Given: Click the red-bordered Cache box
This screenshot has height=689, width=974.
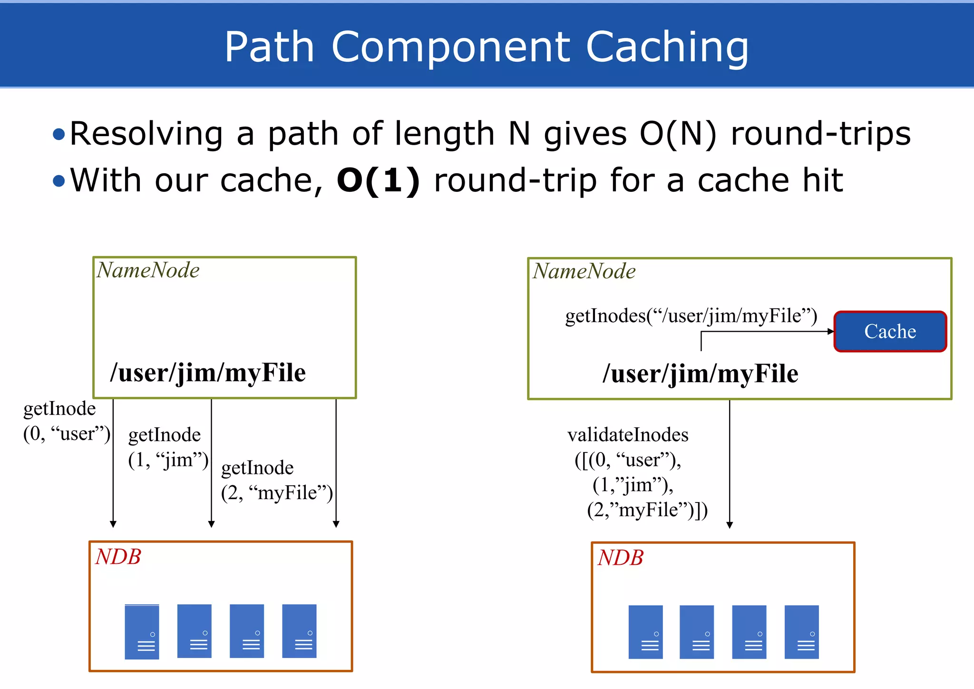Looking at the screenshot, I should [890, 332].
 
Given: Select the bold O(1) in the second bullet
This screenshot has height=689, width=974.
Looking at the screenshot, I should [378, 181].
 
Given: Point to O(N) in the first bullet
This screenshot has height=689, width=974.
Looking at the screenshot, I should [678, 134].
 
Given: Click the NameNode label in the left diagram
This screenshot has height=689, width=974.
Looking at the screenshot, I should [148, 270].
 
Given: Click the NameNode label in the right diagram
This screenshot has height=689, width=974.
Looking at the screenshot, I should [584, 271].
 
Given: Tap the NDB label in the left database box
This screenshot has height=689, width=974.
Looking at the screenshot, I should [118, 557].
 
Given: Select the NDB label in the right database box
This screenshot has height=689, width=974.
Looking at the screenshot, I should [621, 558].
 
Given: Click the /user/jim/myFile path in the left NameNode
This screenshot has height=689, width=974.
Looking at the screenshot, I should [208, 373].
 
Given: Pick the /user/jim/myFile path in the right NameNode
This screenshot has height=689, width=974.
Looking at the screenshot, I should [700, 374].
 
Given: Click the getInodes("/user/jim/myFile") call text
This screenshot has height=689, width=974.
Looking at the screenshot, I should [691, 316].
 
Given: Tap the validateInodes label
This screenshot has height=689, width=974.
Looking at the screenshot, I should [628, 435].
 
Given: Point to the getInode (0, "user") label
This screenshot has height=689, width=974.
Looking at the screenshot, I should [66, 421].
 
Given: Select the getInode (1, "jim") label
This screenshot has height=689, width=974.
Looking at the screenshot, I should [168, 447].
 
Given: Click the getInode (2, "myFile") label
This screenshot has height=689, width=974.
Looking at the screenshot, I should [277, 481].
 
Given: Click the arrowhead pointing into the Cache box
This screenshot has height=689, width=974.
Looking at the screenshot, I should [830, 332].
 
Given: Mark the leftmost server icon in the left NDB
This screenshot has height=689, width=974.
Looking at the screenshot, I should [142, 632].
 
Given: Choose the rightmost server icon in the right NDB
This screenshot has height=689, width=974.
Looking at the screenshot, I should [801, 632].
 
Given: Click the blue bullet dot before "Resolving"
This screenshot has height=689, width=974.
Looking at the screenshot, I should [59, 134].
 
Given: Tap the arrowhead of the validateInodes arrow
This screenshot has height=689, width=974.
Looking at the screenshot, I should [730, 525].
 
